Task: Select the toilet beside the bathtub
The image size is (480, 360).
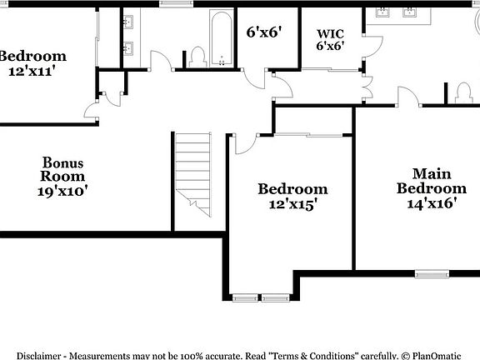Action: coord(197,57)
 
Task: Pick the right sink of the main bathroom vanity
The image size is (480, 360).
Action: coord(411,12)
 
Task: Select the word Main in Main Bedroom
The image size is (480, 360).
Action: coord(431,174)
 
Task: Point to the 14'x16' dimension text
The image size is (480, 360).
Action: coord(431,202)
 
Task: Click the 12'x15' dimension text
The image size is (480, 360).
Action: coord(292,203)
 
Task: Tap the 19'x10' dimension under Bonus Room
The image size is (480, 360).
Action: coord(62,191)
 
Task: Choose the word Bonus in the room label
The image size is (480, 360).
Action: coord(63,162)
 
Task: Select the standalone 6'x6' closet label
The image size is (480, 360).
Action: coord(263,32)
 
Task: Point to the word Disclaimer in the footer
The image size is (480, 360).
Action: coord(39,354)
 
